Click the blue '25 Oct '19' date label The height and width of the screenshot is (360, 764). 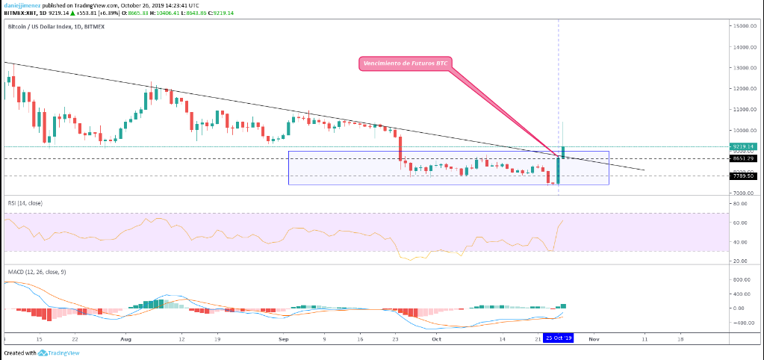click(559, 338)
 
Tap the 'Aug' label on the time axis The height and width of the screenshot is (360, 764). click(125, 338)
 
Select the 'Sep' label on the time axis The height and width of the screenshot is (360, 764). click(283, 338)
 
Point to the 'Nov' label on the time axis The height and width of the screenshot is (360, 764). click(594, 338)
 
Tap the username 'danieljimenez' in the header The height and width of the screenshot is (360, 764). click(22, 4)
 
